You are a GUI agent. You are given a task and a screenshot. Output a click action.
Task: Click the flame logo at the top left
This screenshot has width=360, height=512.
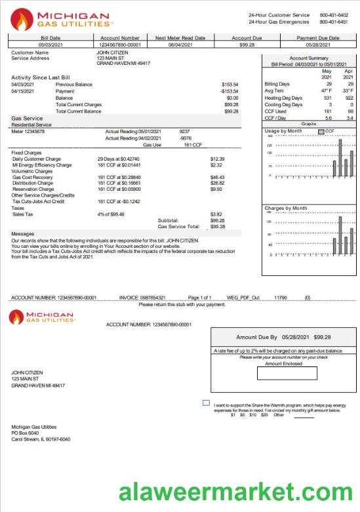click(22, 19)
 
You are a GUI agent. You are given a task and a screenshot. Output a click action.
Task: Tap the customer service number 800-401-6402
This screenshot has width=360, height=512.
click(334, 14)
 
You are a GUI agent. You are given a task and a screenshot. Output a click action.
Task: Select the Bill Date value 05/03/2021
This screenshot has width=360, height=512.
click(50, 45)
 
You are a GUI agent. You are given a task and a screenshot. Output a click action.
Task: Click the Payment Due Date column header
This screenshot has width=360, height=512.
click(318, 38)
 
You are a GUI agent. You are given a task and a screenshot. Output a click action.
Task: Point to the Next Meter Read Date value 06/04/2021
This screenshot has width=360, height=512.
click(180, 45)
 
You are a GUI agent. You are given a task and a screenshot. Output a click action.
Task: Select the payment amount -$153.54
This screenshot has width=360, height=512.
click(229, 91)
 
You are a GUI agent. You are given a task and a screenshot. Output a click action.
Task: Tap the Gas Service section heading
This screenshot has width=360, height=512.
click(27, 119)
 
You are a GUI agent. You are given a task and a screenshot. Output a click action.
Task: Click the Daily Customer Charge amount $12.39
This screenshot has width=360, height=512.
click(217, 159)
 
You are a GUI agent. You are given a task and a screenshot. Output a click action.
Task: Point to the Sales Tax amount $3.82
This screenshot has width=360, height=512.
click(216, 214)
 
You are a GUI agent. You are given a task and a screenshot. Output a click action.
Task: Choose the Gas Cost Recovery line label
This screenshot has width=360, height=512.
click(32, 177)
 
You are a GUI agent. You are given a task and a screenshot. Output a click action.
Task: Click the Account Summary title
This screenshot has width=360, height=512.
click(308, 58)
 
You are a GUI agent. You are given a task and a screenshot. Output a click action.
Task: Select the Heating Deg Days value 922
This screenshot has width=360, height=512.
click(348, 98)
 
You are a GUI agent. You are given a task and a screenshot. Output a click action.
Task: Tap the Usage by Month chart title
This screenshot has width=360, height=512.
click(283, 131)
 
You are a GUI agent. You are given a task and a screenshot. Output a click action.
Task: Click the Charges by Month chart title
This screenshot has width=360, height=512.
click(286, 208)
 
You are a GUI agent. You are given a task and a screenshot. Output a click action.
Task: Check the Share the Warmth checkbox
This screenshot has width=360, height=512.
click(206, 403)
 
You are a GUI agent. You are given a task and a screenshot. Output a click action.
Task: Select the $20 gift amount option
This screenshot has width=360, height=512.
click(264, 415)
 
